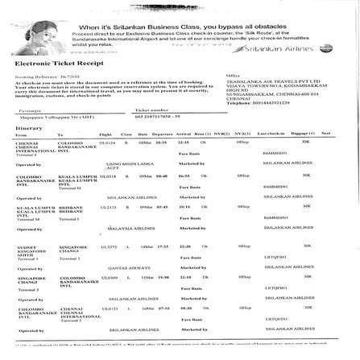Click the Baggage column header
pyautogui.click(x=301, y=133)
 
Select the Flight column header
pyautogui.click(x=105, y=133)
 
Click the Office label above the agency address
pyautogui.click(x=233, y=75)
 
